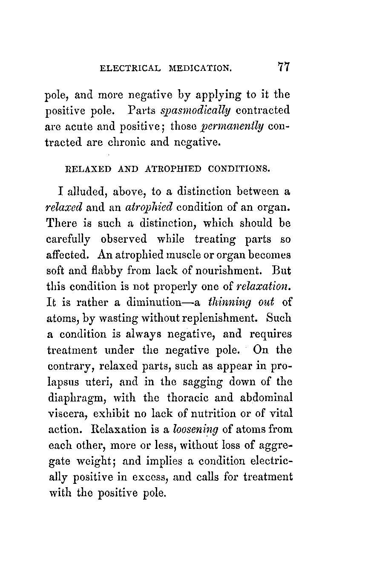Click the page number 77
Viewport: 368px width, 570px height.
(284, 67)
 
